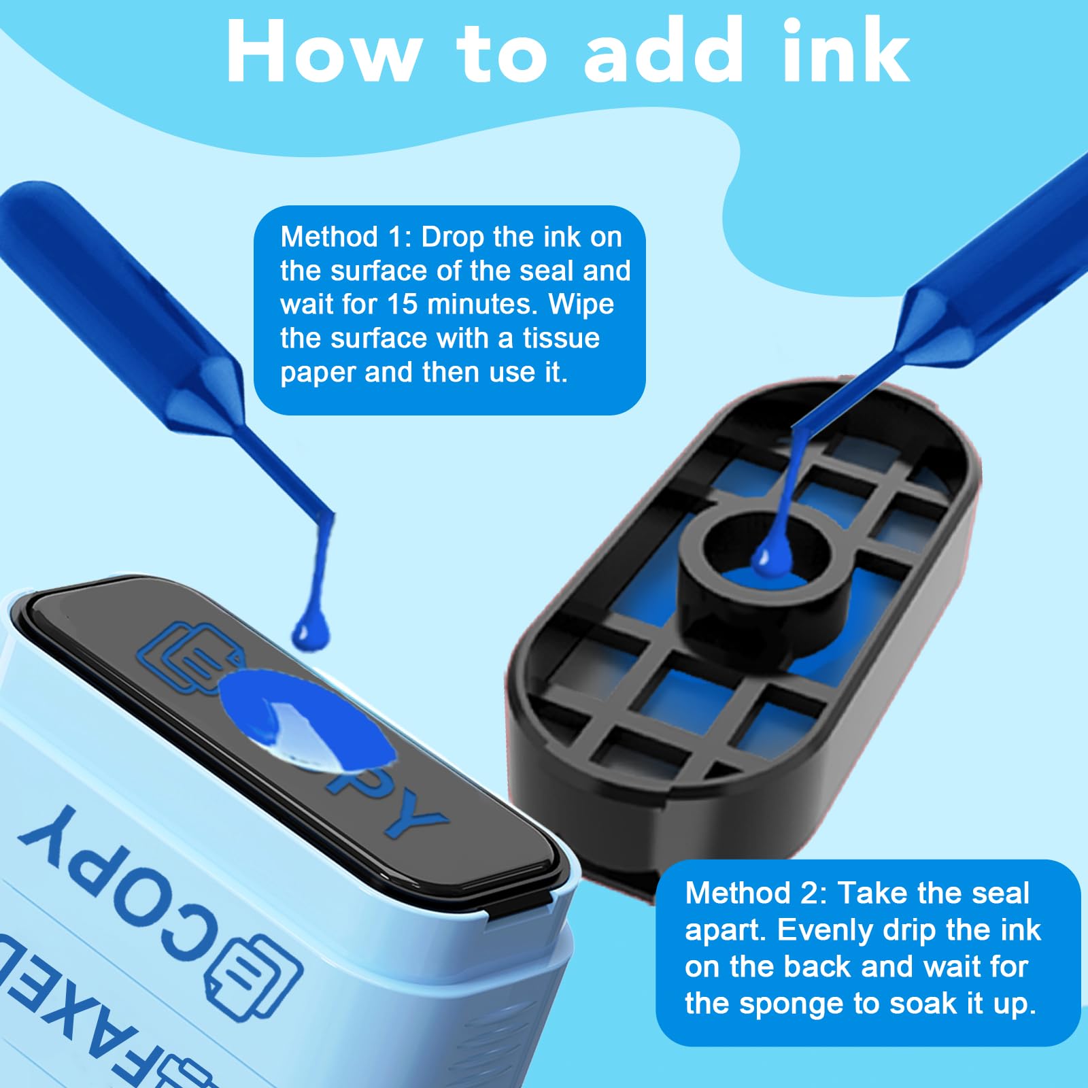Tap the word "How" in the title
tap(322, 52)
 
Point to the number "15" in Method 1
tap(402, 304)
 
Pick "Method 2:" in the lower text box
tap(756, 893)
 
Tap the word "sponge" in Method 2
tap(787, 1004)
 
